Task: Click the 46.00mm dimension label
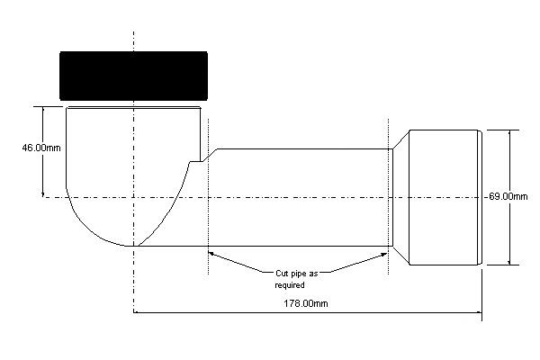coord(41,148)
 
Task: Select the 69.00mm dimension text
coord(508,197)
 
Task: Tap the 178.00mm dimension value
coord(306,303)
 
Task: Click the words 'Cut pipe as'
coord(296,274)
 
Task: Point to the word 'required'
coord(290,285)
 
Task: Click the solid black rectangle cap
coord(133,76)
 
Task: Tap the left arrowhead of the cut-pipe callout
coord(212,254)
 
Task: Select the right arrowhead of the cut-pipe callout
coord(382,255)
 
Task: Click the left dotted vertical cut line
coord(208,197)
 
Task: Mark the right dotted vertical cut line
coord(389,197)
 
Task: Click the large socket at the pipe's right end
coord(445,197)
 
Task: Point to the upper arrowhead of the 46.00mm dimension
coord(43,111)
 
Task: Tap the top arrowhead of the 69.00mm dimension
coord(509,134)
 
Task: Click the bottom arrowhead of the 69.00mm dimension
coord(509,261)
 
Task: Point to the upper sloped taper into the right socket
coord(401,139)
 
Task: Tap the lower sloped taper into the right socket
coord(401,256)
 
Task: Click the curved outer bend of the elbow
coord(86,228)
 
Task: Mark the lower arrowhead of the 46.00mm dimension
coord(43,193)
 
